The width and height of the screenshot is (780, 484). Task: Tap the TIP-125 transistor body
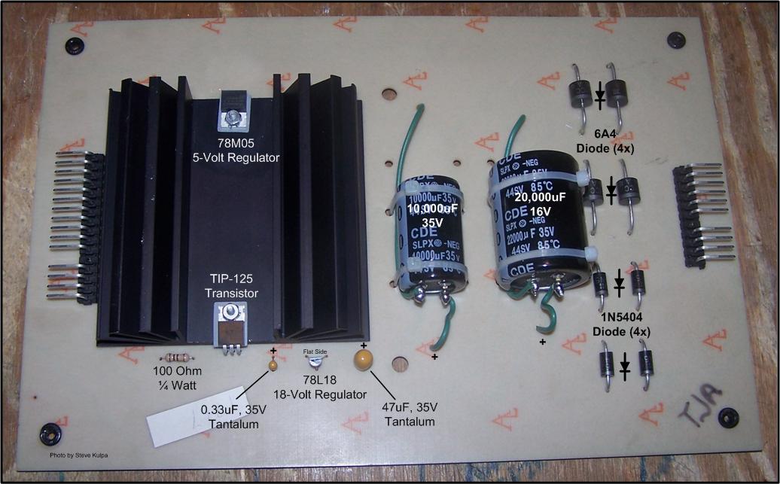(x=232, y=324)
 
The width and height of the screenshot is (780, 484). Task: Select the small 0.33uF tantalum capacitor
(x=273, y=365)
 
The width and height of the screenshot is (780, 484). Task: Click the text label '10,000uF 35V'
(x=427, y=216)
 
